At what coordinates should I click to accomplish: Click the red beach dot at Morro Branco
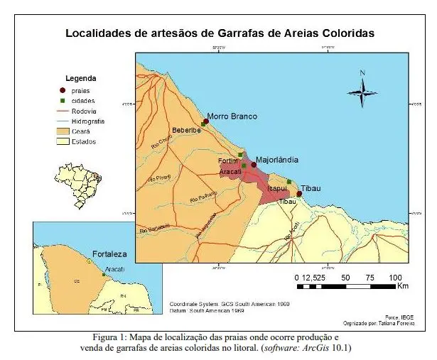point(206,121)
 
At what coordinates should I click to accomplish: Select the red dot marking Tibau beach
point(299,194)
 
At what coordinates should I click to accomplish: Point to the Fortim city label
point(228,161)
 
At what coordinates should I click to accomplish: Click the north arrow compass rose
point(362,91)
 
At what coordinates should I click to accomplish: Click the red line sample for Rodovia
point(63,111)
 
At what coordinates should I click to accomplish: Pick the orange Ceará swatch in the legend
point(63,131)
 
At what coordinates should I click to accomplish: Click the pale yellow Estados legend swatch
point(63,141)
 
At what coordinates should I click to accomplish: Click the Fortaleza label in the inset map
point(109,253)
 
